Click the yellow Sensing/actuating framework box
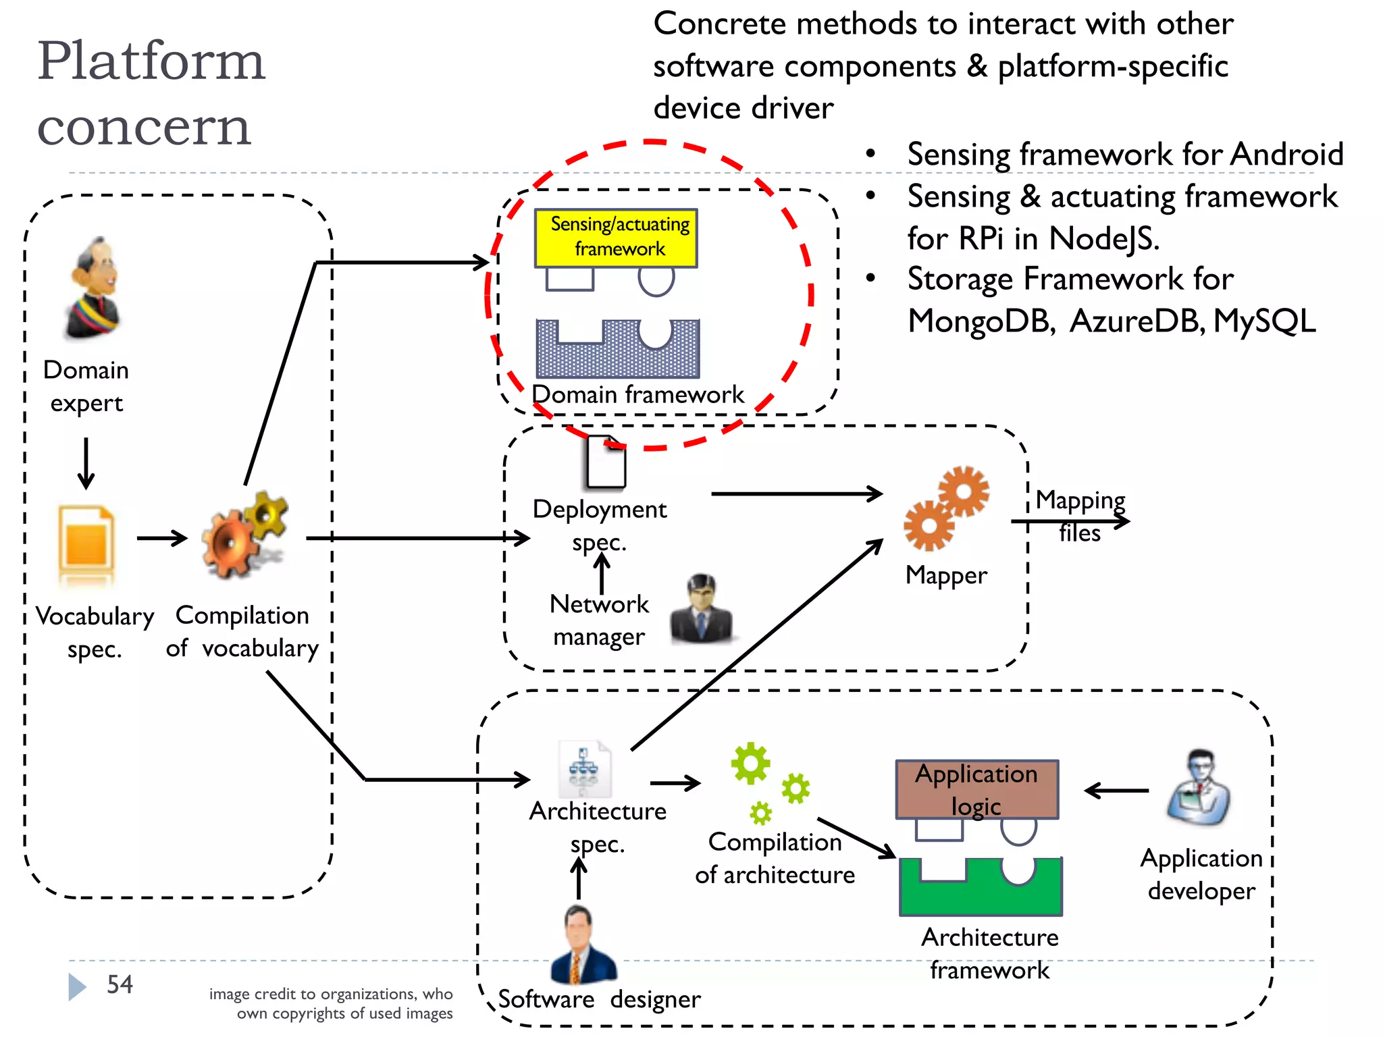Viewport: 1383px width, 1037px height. tap(616, 238)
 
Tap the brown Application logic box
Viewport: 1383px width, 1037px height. tap(976, 789)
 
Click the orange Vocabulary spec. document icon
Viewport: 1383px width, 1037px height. tap(86, 543)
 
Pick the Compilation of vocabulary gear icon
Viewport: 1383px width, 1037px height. tap(243, 537)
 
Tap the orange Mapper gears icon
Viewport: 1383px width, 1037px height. tap(945, 508)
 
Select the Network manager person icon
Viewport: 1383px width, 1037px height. tap(701, 609)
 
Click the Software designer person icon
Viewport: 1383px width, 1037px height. tap(582, 945)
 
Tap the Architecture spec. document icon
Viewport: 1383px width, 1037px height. tap(584, 770)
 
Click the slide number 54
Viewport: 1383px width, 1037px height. tap(120, 984)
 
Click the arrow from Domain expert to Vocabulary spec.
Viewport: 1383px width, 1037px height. tap(86, 463)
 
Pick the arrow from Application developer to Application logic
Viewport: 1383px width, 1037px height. tap(1116, 790)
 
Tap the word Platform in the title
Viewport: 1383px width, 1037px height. tap(151, 61)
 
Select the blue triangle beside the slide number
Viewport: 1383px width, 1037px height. tap(77, 986)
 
